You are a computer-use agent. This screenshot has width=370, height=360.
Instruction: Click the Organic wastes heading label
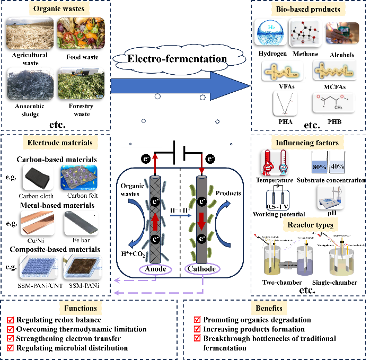[58, 8]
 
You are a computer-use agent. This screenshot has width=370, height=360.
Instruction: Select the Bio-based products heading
[308, 9]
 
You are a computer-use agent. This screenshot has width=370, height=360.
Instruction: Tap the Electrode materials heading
[60, 142]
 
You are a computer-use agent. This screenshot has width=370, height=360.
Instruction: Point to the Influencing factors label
[307, 143]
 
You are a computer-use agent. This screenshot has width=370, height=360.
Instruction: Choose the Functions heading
[81, 308]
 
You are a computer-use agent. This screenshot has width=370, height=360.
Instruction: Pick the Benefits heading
[269, 308]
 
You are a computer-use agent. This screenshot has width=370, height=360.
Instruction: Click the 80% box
[319, 166]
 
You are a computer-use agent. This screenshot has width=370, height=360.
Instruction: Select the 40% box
[337, 166]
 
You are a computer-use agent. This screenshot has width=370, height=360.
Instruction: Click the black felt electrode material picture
[38, 177]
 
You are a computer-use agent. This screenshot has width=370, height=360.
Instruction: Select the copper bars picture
[38, 223]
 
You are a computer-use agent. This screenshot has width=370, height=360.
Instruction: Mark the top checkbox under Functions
[10, 320]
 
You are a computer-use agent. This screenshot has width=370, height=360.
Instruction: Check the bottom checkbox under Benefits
[197, 338]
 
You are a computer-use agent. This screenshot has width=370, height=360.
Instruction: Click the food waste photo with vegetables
[81, 33]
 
